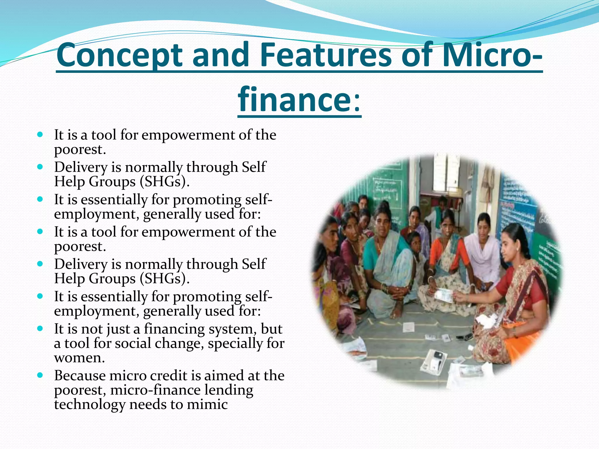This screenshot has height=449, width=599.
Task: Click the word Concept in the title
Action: click(x=120, y=55)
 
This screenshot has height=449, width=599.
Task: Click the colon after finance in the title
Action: click(x=357, y=101)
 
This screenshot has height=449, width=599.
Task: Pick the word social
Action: click(x=133, y=343)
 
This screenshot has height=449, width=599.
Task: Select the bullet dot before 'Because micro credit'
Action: click(x=40, y=375)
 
